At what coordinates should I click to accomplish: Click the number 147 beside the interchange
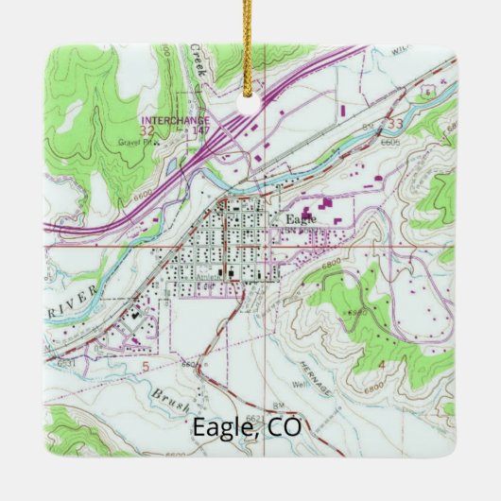[200, 130]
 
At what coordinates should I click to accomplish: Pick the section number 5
[145, 361]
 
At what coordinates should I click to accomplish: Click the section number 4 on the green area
[434, 363]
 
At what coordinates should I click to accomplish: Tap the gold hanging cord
[250, 28]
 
